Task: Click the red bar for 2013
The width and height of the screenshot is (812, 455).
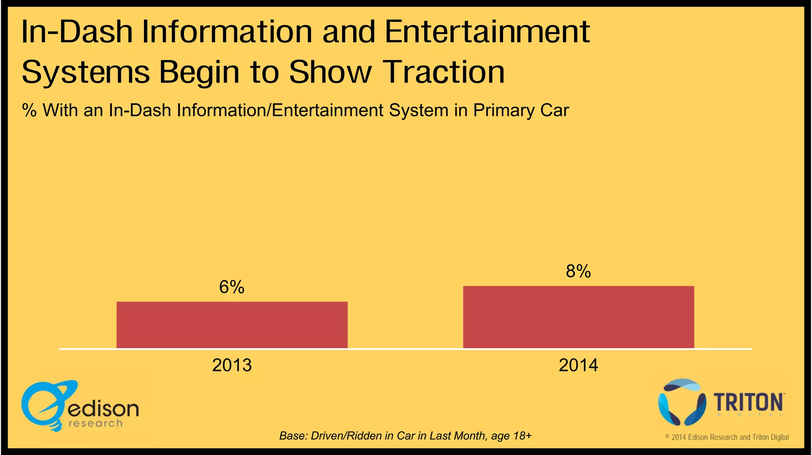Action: tap(232, 325)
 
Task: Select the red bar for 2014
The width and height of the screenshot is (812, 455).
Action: tap(578, 317)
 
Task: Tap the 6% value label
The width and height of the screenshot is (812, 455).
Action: tap(232, 287)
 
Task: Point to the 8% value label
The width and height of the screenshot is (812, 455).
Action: tap(578, 272)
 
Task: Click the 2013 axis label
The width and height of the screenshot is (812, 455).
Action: tap(232, 365)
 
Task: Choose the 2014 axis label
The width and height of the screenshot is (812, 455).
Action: tap(578, 365)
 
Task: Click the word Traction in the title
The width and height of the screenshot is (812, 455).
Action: tap(444, 72)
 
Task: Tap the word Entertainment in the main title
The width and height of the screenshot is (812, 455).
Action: tap(487, 32)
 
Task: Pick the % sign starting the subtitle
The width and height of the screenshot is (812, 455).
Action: tap(29, 110)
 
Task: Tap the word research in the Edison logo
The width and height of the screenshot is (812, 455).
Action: tap(96, 423)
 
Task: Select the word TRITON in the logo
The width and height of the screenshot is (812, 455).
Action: tap(748, 403)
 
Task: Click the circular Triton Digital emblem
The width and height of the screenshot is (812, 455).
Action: tap(682, 402)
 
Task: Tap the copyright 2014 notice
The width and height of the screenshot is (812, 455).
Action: tap(727, 437)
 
